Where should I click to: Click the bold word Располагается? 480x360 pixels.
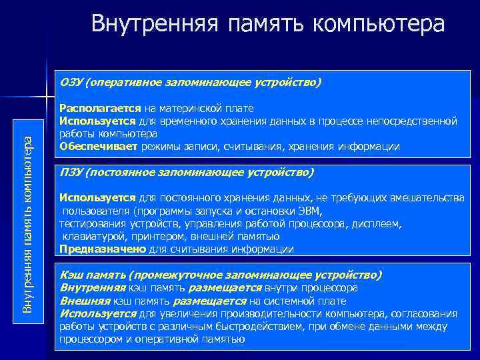click(100, 108)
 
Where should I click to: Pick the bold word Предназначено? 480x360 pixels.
click(102, 249)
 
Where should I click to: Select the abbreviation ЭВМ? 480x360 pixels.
click(309, 211)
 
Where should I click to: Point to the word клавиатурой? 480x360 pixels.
click(92, 237)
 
